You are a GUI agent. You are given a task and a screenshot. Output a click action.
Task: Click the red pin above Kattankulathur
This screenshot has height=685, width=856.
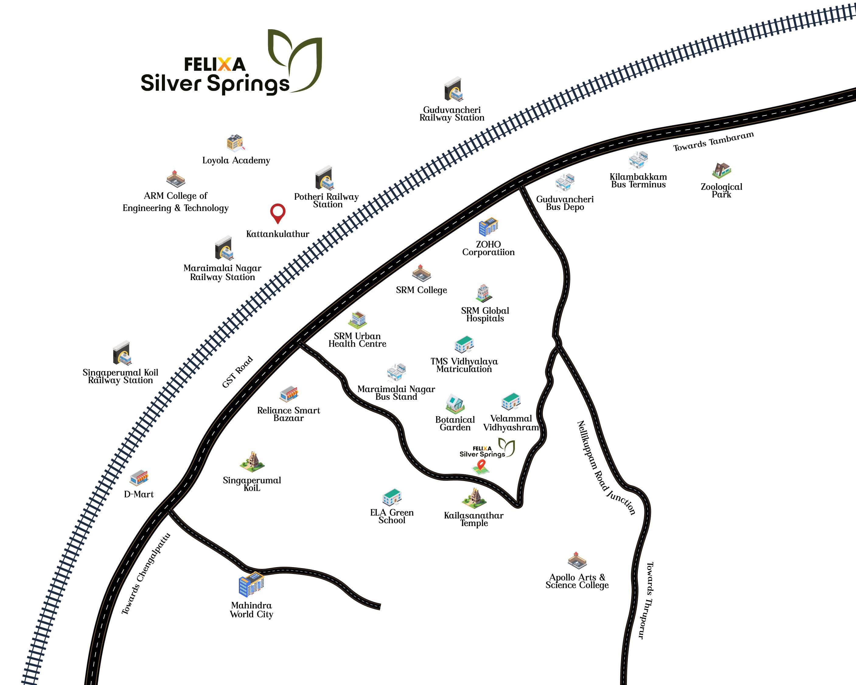pos(278,212)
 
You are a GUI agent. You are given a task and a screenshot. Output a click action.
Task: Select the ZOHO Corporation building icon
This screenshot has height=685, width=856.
pos(488,227)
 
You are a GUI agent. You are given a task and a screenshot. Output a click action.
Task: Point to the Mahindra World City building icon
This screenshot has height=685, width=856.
pos(251,585)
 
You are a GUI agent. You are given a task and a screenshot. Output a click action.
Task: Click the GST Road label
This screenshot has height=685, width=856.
pos(237,372)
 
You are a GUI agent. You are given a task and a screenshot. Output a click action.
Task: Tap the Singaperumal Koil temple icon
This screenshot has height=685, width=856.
pos(252,461)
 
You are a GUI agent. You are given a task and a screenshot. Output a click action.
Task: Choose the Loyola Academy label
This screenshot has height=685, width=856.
pos(236,160)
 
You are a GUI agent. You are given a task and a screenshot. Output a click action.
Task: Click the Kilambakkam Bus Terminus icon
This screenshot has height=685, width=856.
pos(638,160)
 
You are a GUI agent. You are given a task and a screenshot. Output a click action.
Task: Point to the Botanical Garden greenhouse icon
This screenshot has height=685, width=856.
pos(455,404)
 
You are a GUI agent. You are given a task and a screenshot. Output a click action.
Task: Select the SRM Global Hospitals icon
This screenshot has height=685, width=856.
pos(484,293)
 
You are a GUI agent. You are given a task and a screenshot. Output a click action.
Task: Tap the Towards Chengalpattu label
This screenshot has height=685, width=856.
pos(146,574)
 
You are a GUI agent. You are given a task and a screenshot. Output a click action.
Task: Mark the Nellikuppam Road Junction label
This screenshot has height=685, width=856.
pos(606,468)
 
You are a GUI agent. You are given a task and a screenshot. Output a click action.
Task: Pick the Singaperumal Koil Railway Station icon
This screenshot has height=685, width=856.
pos(121,353)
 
